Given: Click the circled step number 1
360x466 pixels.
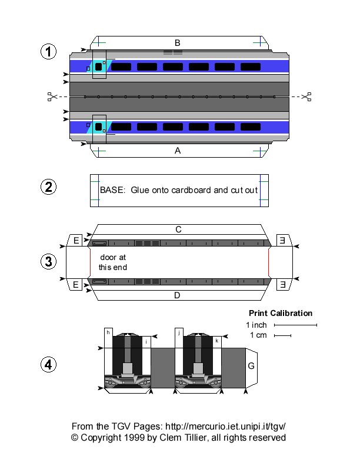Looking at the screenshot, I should click(x=48, y=52).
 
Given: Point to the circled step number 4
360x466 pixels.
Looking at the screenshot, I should click(x=48, y=365).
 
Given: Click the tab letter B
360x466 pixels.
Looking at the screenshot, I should click(x=177, y=42).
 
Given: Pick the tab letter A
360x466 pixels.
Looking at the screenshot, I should click(x=178, y=151).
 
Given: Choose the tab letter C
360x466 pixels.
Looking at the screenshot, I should click(x=177, y=229).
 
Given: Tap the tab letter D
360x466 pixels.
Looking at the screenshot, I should click(x=177, y=295).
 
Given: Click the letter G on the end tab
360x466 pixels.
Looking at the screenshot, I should click(x=251, y=366).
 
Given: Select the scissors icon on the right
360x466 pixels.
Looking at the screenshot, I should click(x=306, y=96).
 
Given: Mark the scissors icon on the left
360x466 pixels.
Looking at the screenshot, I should click(x=52, y=96).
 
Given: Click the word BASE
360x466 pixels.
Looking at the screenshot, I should click(x=112, y=191).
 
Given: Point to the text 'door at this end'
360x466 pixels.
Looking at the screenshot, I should click(x=112, y=262).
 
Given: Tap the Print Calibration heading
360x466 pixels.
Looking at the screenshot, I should click(x=281, y=313).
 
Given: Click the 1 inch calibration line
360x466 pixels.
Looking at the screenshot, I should click(x=295, y=325).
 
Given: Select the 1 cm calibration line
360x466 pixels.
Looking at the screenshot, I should click(x=282, y=336).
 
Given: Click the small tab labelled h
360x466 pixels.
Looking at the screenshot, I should click(x=108, y=332).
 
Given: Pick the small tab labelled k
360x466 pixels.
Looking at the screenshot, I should click(x=217, y=340).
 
